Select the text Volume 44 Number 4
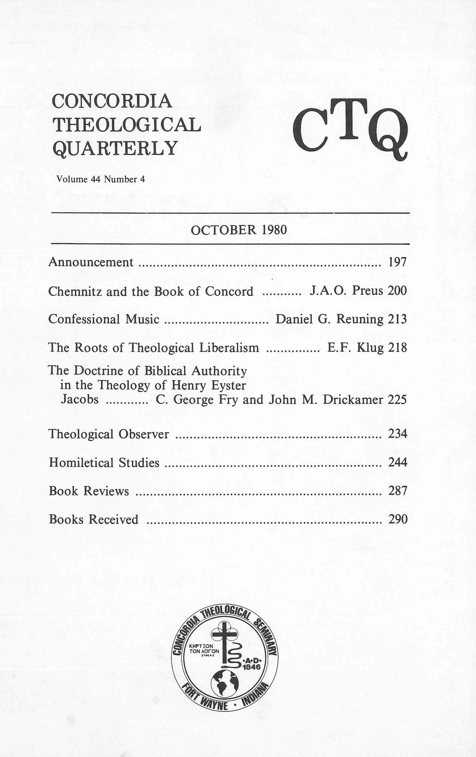click(x=101, y=179)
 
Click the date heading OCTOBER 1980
click(x=239, y=230)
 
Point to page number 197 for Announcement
click(x=398, y=262)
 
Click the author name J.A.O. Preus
click(x=346, y=291)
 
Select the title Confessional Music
click(x=104, y=319)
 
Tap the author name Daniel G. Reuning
click(x=329, y=319)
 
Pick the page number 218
click(x=398, y=347)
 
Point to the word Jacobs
click(x=80, y=399)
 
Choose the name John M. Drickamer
click(x=326, y=399)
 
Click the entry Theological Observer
click(x=109, y=434)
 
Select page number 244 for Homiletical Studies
click(x=398, y=462)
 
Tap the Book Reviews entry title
click(x=89, y=491)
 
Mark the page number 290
click(x=398, y=519)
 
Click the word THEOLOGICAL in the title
click(x=127, y=125)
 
